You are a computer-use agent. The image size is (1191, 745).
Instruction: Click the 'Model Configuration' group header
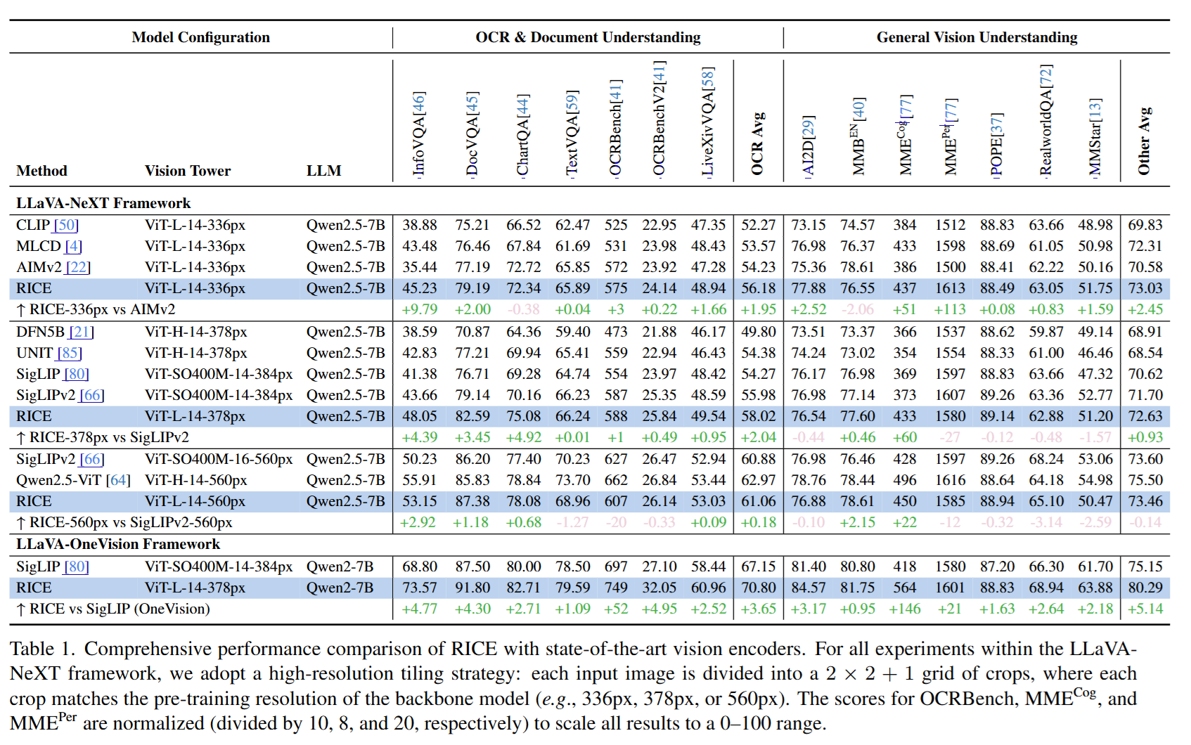[x=200, y=37]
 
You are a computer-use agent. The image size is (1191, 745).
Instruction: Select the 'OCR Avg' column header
[x=757, y=143]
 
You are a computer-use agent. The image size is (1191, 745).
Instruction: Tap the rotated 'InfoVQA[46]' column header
[x=419, y=134]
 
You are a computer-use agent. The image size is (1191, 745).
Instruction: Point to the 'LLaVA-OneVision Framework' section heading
[x=118, y=544]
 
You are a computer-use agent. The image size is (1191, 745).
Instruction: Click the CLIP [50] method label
[x=47, y=225]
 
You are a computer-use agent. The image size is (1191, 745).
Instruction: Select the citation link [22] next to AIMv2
[x=77, y=267]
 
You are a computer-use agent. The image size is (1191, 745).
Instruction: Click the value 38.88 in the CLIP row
[x=420, y=225]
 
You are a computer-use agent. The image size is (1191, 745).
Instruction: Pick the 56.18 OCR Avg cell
[x=758, y=288]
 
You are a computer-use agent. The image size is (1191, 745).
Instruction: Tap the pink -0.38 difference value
[x=523, y=309]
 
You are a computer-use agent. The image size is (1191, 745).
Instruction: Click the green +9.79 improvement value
[x=419, y=309]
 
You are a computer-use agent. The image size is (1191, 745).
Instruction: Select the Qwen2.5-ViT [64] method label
[x=73, y=480]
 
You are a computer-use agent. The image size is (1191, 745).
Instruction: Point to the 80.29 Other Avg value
[x=1145, y=588]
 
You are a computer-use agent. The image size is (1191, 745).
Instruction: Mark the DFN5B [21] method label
[x=55, y=332]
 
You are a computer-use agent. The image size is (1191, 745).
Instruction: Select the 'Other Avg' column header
[x=1144, y=141]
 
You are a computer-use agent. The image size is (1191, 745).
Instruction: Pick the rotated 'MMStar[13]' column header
[x=1095, y=137]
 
